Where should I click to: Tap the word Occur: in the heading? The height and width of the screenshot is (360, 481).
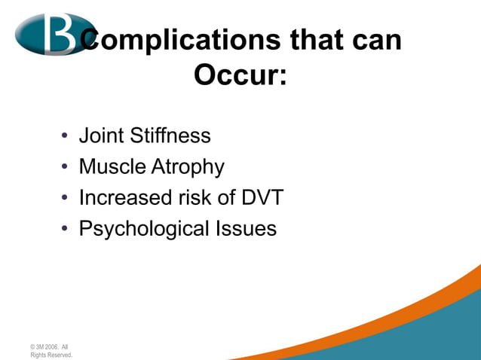tap(240, 75)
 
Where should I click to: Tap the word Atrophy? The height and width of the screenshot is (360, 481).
tap(188, 167)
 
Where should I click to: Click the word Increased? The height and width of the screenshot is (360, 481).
tap(127, 197)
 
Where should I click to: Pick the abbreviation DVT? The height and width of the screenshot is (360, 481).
tap(262, 197)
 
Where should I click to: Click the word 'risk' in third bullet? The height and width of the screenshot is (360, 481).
tap(197, 197)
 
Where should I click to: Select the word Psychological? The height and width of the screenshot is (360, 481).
tap(141, 229)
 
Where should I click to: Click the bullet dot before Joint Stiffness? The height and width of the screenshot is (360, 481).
tap(66, 137)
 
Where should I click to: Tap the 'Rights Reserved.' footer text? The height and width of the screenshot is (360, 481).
tap(51, 355)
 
